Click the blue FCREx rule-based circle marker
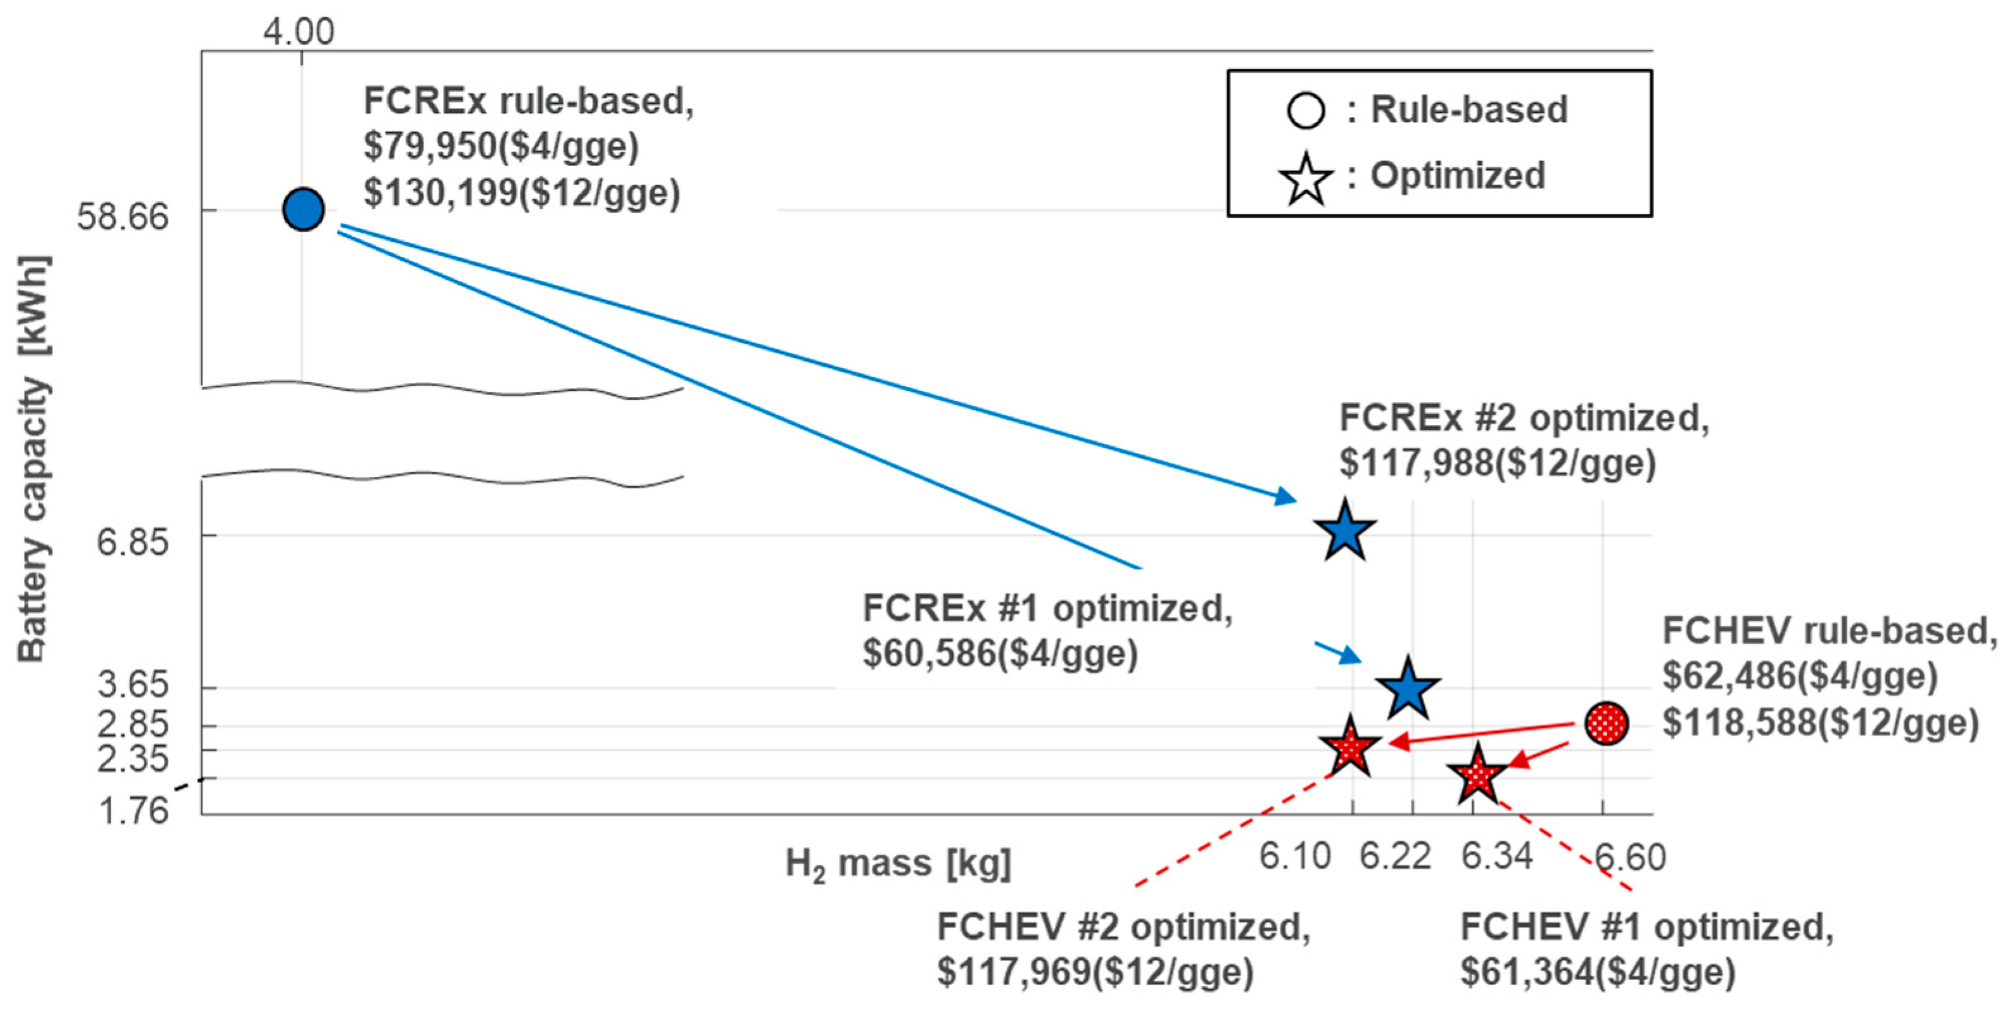pos(303,210)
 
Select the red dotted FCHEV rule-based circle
pos(1606,723)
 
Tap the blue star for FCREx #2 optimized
pos(1344,532)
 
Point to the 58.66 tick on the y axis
pos(122,216)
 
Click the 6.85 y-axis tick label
pos(132,541)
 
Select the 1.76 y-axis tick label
pos(133,810)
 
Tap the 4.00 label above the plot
pos(298,32)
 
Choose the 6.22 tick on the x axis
pos(1395,856)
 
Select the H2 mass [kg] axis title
pos(898,864)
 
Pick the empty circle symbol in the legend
pos(1305,111)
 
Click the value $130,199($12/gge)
pos(522,193)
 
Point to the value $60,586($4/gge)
pos(1000,654)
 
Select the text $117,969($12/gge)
pos(1095,972)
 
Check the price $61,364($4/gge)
pos(1598,972)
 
